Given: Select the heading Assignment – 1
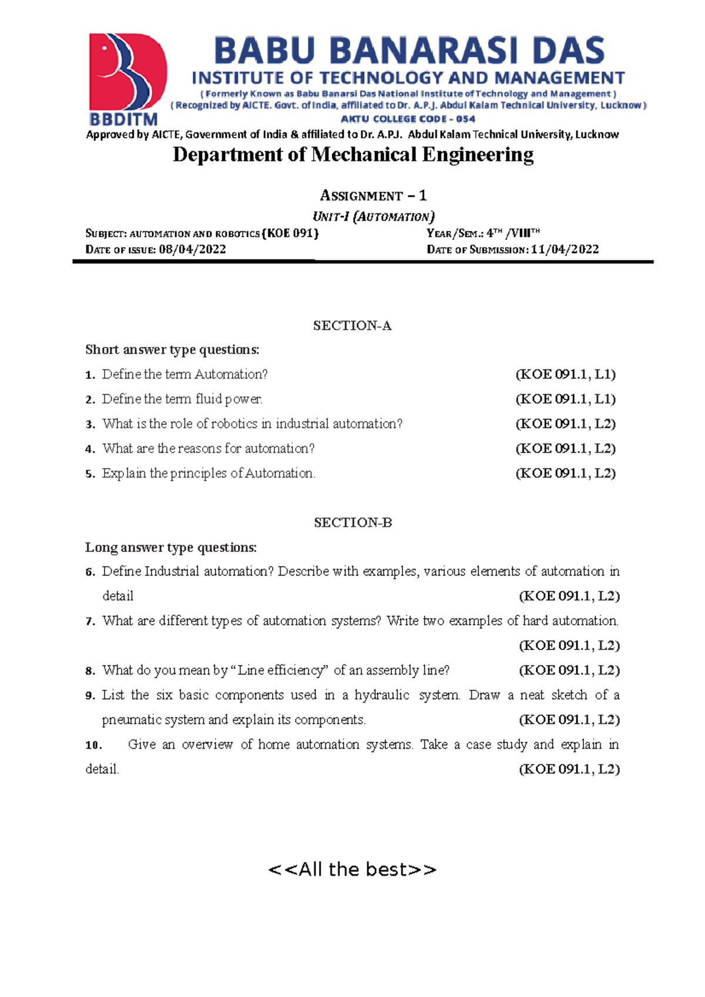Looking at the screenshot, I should (373, 195).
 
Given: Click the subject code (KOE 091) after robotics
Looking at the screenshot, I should (290, 233).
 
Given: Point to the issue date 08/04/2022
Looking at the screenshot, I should (193, 249).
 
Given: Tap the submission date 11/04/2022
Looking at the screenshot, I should (565, 249).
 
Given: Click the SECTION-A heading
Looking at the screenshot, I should (352, 326).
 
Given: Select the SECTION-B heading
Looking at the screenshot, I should (352, 523).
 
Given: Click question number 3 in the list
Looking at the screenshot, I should (90, 425).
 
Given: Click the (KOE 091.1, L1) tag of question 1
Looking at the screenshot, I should (565, 374).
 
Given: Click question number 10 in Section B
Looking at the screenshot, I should (93, 745).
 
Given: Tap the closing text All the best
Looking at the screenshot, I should (352, 869).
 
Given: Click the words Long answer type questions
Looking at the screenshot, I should (171, 548).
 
